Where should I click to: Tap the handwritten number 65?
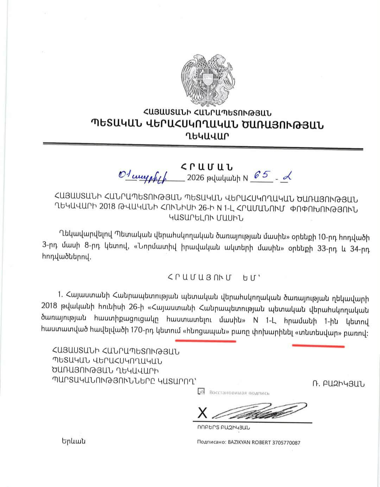coord(260,175)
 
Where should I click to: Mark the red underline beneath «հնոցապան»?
coord(206,341)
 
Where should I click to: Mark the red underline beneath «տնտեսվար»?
coord(318,345)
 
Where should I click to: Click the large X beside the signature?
coord(202,413)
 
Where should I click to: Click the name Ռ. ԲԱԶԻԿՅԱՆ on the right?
coord(338,383)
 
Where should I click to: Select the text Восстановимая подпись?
coord(239,393)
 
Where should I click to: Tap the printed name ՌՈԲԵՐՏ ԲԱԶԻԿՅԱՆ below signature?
coord(223,428)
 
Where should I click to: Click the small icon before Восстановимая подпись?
coord(201,391)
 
